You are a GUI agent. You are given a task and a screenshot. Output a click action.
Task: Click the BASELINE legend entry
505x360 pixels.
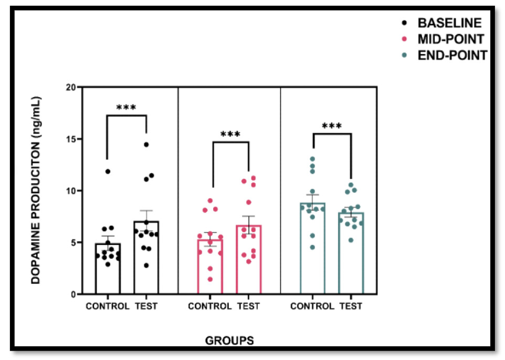tap(449, 23)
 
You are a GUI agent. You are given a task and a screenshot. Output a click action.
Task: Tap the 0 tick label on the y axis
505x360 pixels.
tap(73, 294)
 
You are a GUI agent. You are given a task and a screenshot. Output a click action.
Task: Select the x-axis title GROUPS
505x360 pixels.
tap(229, 341)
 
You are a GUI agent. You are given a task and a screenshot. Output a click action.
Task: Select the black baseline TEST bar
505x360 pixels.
tap(146, 258)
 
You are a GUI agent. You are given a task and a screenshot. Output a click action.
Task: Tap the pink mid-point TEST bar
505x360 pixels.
tap(248, 260)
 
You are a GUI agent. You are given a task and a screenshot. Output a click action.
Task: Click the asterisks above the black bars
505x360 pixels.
tap(126, 108)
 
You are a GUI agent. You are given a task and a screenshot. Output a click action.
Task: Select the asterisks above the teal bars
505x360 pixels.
tap(332, 126)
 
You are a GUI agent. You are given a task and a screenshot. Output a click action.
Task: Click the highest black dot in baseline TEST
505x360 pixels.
tap(146, 144)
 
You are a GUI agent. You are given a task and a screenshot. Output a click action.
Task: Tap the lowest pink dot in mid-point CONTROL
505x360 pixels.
tap(210, 279)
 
